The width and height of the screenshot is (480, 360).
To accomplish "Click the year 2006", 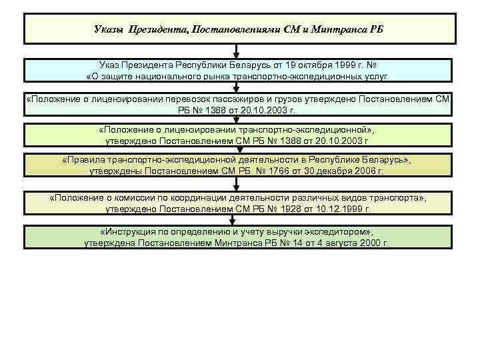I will coord(367,171).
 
